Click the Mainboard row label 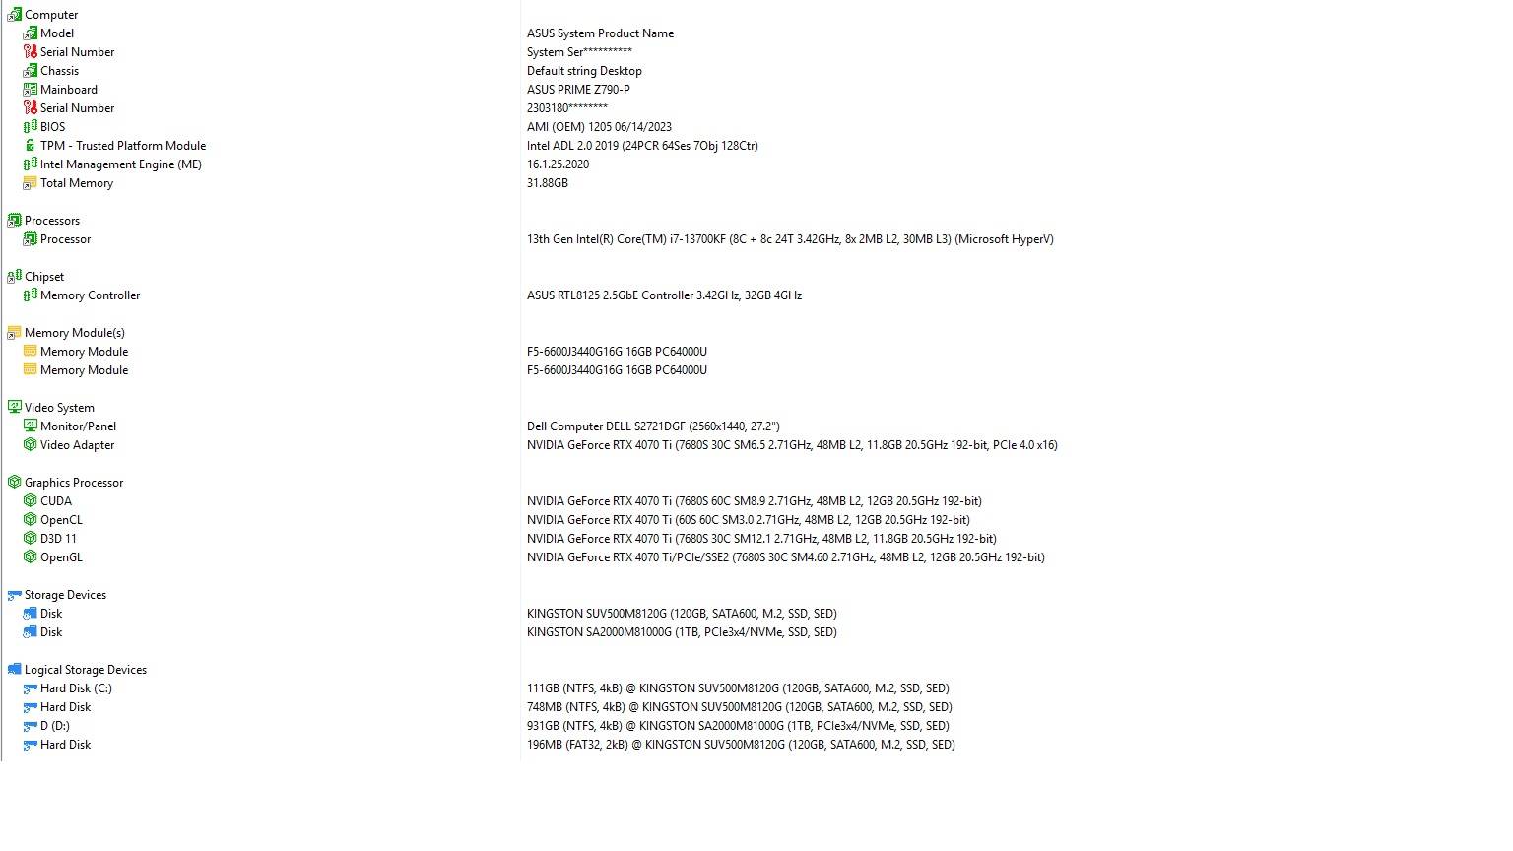(68, 90)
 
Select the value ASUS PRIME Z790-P (578, 90)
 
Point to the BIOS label (52, 127)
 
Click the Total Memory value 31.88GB (547, 183)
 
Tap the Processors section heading (51, 221)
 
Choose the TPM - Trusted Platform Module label (122, 146)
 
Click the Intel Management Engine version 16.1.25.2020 (558, 164)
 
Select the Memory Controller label (90, 295)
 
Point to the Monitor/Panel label (78, 426)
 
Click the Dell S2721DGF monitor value (652, 426)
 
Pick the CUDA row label (55, 501)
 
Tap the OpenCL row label (61, 520)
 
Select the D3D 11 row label (58, 539)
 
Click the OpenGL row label (61, 557)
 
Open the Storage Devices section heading (65, 595)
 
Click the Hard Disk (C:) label (76, 688)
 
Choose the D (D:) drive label (54, 726)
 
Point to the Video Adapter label (77, 445)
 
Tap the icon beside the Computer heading (14, 15)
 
